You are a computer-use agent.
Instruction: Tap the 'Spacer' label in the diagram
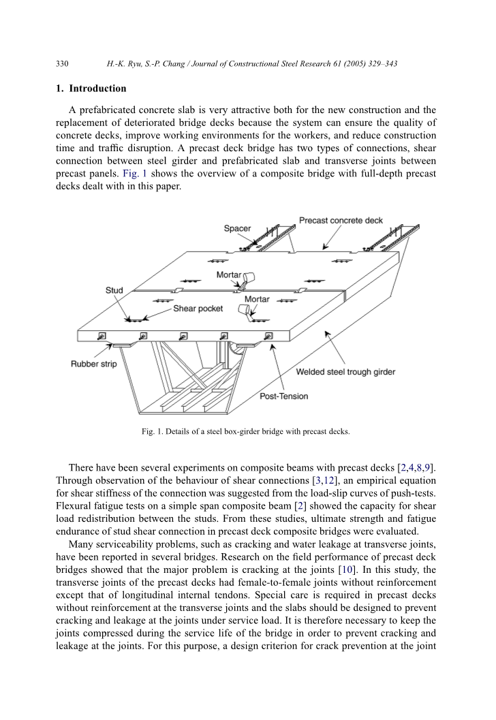(x=237, y=228)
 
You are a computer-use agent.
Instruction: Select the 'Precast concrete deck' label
(x=341, y=221)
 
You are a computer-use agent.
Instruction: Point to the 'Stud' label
(x=114, y=290)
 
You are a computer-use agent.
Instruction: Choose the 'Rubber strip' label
(x=94, y=364)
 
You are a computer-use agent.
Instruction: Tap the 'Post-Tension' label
(x=284, y=396)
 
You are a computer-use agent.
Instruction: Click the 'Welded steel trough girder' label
(x=345, y=372)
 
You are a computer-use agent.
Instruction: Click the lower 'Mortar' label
(x=257, y=299)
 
